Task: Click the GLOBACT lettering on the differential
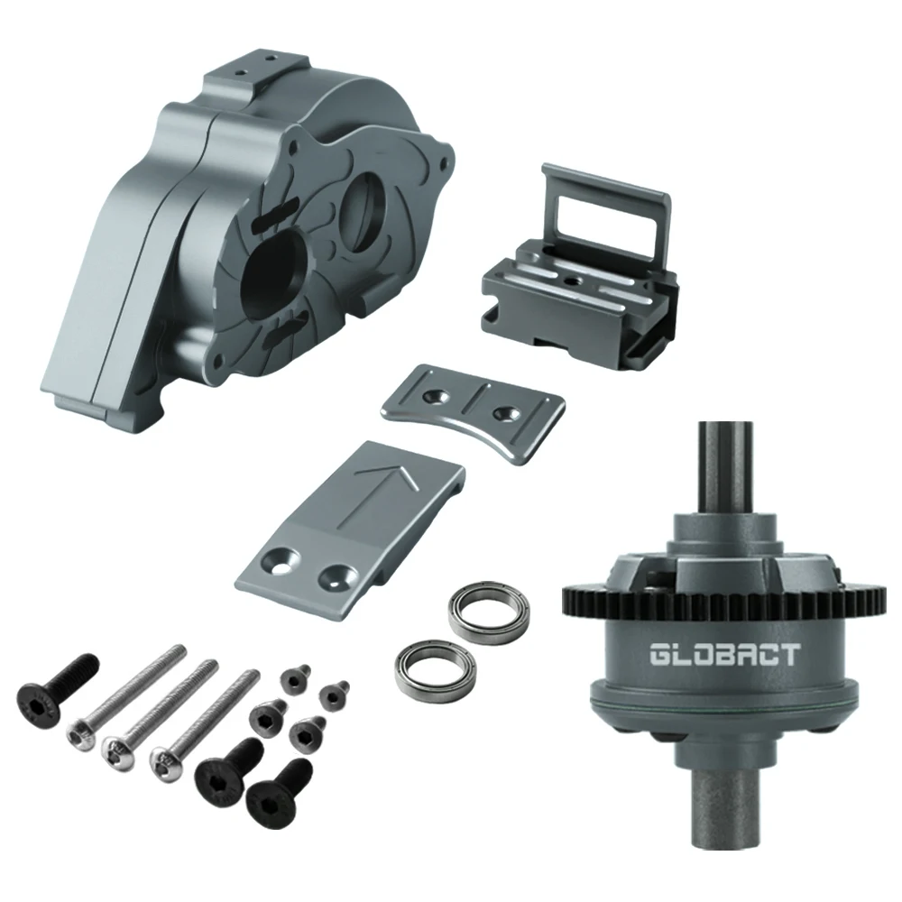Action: (724, 654)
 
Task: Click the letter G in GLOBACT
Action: (662, 654)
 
